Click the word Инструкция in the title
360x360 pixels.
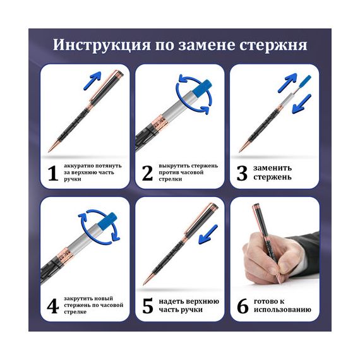[102, 45]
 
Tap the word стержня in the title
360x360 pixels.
[273, 45]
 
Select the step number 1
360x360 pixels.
[53, 173]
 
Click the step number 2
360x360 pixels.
[147, 173]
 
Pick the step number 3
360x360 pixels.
[242, 173]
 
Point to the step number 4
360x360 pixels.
[52, 306]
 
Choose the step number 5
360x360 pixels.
[147, 306]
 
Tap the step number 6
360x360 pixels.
[243, 306]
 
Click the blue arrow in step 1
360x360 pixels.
[92, 80]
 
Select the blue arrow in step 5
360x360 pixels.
[208, 234]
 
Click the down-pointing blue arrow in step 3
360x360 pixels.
[302, 104]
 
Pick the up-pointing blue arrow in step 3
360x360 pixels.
[287, 83]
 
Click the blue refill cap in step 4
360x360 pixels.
[107, 221]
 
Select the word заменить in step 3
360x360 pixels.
[272, 168]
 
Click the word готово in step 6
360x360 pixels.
[267, 301]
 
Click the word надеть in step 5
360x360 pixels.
[171, 301]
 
